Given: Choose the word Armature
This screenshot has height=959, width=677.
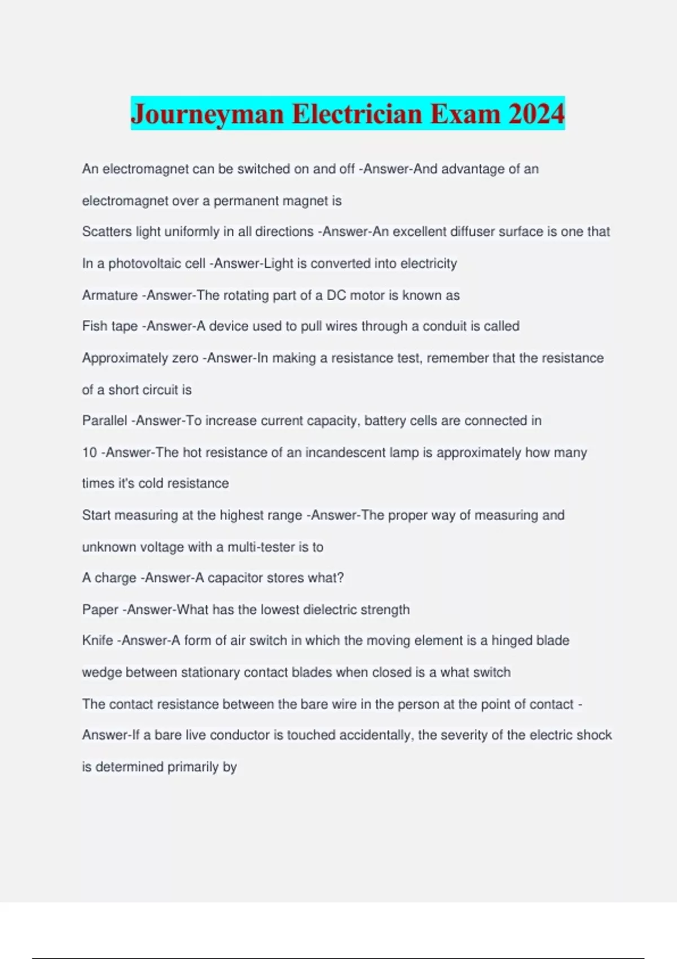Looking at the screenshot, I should [x=109, y=295].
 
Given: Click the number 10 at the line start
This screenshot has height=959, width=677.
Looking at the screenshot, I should [x=89, y=452].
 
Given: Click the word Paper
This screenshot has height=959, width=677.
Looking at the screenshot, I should [x=100, y=609].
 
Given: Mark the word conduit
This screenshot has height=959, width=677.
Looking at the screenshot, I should [x=445, y=326].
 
